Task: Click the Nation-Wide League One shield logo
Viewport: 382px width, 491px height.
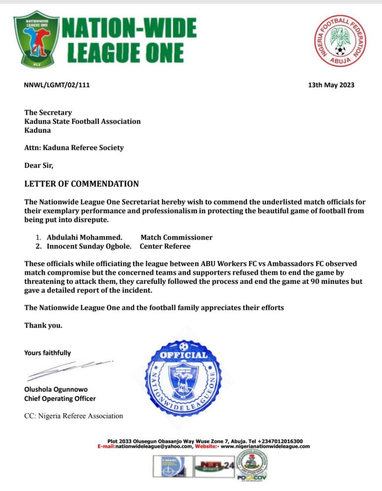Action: (36, 39)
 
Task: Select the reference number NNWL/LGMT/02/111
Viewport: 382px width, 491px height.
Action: (57, 85)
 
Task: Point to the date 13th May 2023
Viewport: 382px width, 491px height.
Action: (331, 85)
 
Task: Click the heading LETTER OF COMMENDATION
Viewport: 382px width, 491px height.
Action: (81, 184)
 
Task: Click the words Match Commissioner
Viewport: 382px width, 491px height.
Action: (176, 237)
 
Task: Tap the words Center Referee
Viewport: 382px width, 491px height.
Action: (165, 246)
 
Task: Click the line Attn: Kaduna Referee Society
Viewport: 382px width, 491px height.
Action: (74, 148)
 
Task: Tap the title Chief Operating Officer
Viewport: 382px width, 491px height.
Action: (60, 399)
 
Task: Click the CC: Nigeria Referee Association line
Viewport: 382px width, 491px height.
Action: (73, 415)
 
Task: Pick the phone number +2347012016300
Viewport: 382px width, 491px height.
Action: (280, 441)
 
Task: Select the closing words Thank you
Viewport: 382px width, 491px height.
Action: (44, 326)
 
